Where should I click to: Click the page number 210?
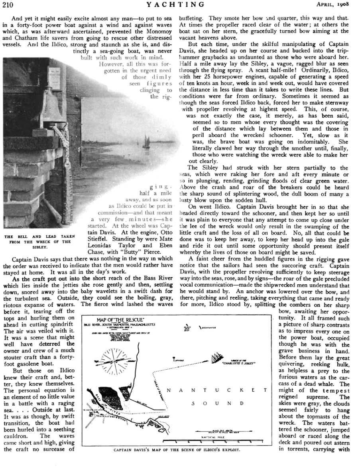pyautogui.click(x=8, y=5)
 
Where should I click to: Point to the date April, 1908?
pyautogui.click(x=338, y=5)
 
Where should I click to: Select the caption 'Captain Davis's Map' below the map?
pyautogui.click(x=177, y=450)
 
